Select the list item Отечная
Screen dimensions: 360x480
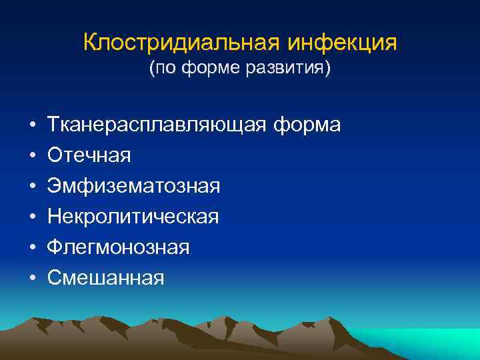pos(89,155)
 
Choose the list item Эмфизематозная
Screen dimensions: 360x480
pos(133,186)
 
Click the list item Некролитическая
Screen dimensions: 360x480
pos(133,217)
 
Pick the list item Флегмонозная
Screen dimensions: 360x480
pos(118,247)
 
